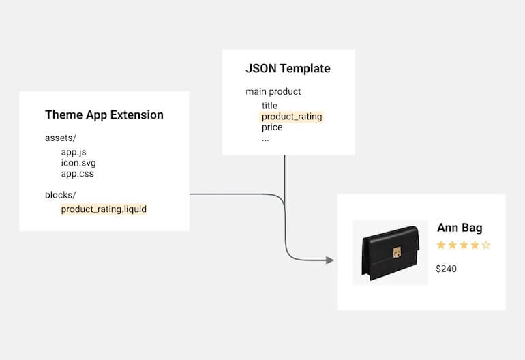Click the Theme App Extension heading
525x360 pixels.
point(104,115)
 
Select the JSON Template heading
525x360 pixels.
point(288,69)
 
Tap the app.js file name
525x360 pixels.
point(74,152)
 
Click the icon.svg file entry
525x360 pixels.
point(78,163)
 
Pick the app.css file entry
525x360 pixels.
point(77,174)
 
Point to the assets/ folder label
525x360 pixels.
point(61,138)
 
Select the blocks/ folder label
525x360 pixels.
point(61,195)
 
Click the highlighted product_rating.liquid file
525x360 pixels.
point(104,209)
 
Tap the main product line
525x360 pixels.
point(273,92)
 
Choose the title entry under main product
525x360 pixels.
point(269,106)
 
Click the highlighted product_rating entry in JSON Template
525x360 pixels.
point(292,117)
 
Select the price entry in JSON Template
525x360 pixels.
point(272,127)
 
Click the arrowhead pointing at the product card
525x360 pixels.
point(330,260)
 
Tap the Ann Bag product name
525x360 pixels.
point(460,228)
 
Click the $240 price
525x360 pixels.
point(447,269)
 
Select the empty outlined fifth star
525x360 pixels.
point(486,245)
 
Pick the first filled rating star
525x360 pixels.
point(441,245)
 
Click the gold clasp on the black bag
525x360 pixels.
point(397,252)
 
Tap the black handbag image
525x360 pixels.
point(391,252)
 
